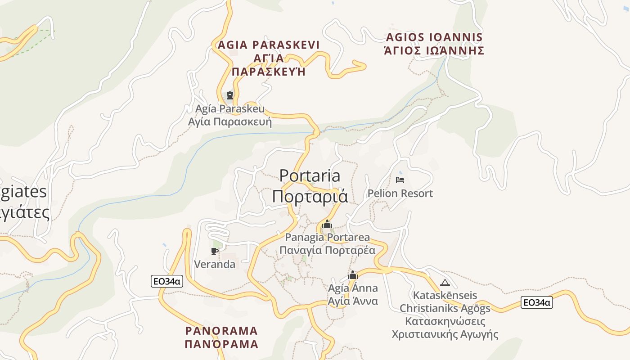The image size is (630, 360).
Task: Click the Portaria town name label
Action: [310, 175]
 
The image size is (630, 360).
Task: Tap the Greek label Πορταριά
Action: [310, 197]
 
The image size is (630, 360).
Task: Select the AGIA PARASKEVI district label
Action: [268, 45]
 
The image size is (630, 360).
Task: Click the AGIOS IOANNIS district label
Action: [434, 37]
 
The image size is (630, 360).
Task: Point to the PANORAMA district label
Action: [221, 331]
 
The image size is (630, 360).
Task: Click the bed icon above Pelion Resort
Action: [400, 180]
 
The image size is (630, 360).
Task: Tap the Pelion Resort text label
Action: [400, 193]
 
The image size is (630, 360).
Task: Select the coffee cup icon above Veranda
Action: [215, 251]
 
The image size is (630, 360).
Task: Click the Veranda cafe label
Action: [215, 264]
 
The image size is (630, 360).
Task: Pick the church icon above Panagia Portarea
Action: [327, 224]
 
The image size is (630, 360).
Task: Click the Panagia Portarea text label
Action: [327, 237]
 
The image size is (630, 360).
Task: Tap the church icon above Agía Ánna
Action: [353, 275]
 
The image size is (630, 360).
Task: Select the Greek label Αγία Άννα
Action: [353, 301]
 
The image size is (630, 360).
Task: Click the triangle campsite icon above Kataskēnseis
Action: [445, 283]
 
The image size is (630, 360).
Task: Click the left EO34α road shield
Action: [167, 282]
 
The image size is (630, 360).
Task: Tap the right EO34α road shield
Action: [536, 302]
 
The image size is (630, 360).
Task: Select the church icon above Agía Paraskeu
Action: [230, 95]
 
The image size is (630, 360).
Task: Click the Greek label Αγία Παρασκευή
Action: [230, 122]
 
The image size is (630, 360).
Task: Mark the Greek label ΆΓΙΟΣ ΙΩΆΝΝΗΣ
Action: [434, 50]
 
